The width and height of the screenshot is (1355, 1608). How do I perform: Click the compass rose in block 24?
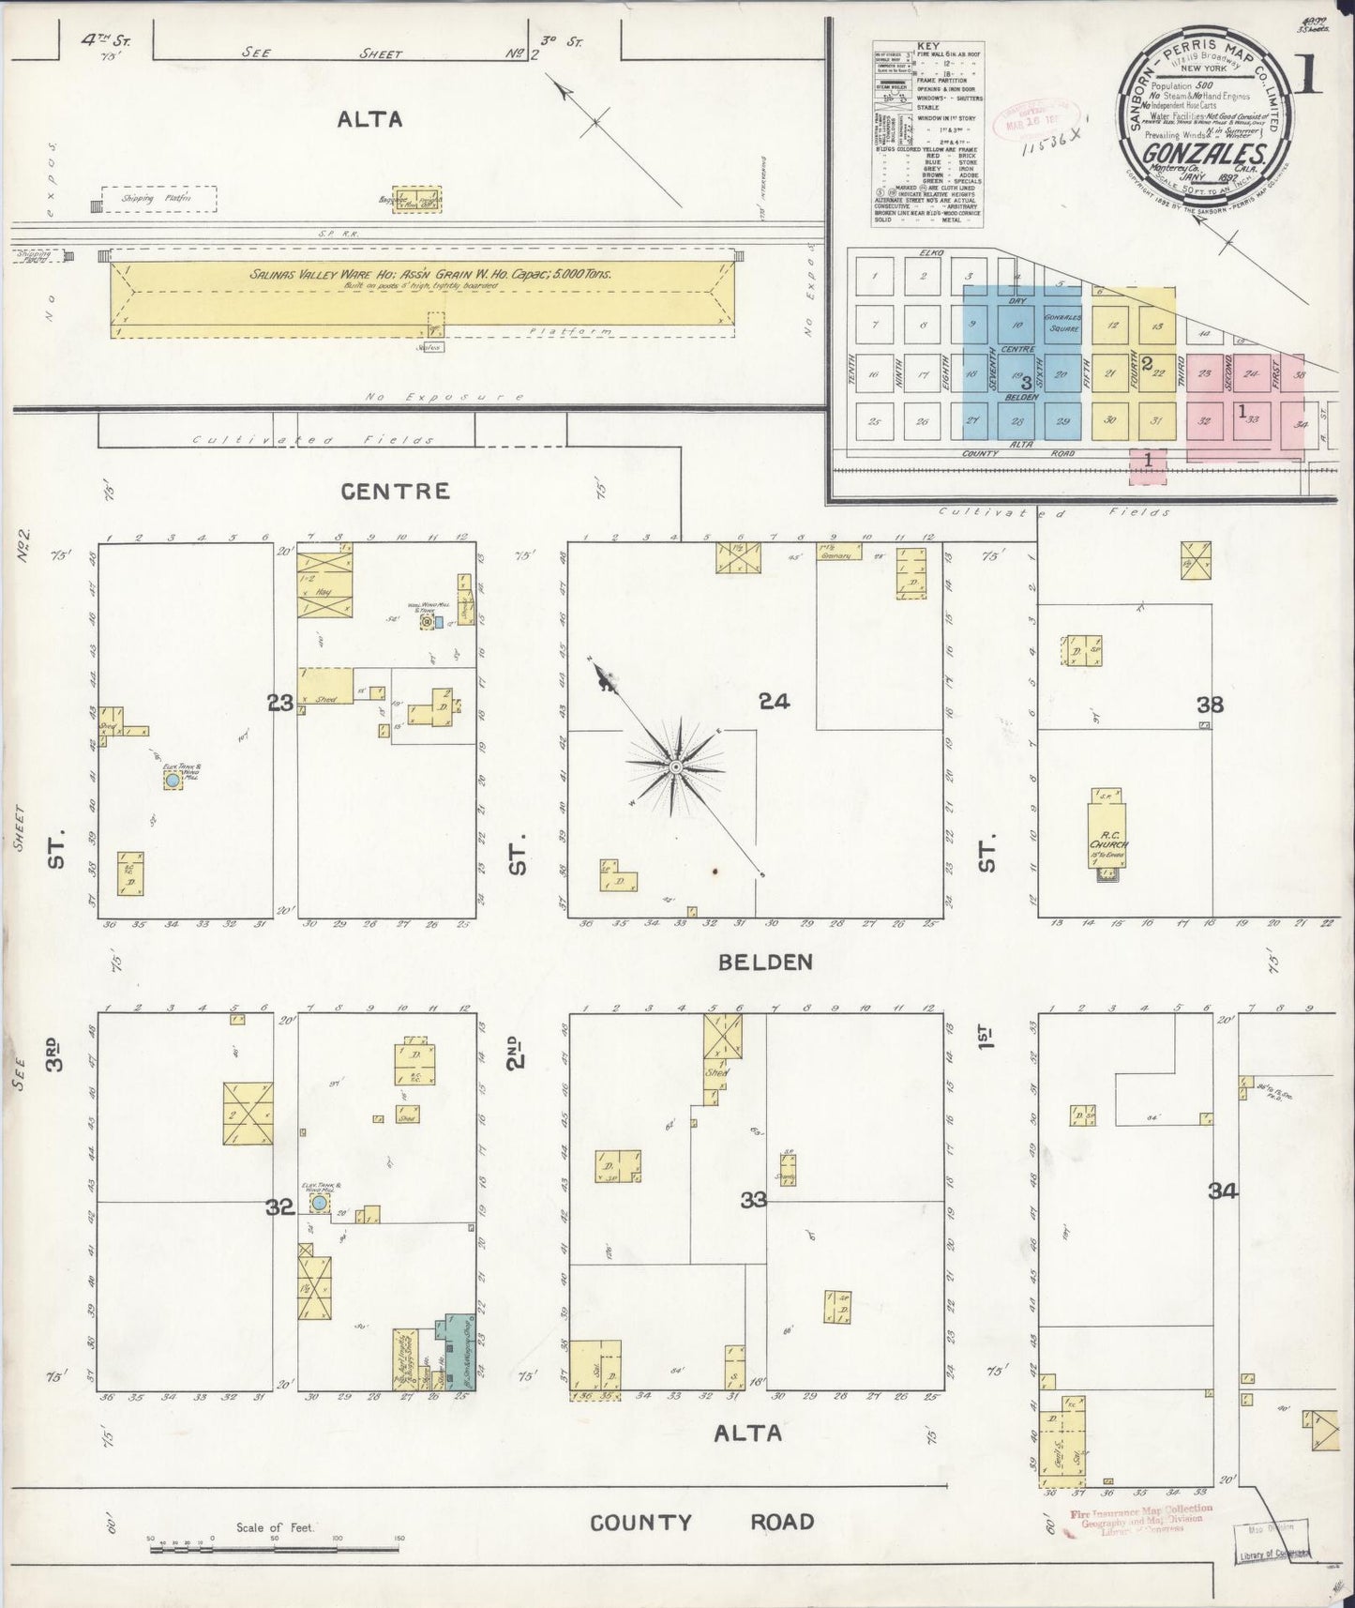tap(674, 767)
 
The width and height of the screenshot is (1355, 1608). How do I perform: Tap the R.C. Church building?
tap(1108, 835)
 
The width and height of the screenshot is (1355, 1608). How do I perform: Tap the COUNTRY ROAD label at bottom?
tap(701, 1522)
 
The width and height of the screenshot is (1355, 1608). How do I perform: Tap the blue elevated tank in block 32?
tap(320, 1203)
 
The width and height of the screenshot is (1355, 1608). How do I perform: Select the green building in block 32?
tap(459, 1350)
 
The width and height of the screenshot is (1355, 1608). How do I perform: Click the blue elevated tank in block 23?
tap(172, 781)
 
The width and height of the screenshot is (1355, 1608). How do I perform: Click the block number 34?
tap(1223, 1191)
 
